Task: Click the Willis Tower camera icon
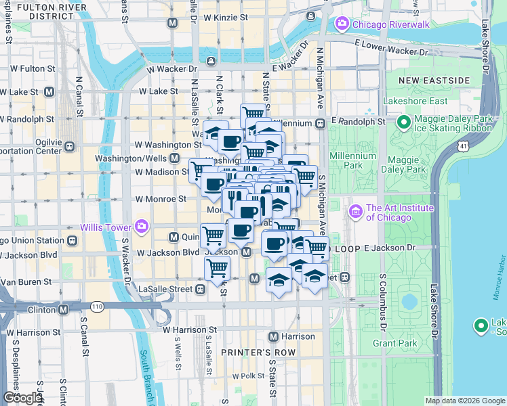[x=141, y=225]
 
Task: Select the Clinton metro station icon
[x=63, y=309]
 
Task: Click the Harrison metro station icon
[x=273, y=336]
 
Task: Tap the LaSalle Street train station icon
[x=200, y=289]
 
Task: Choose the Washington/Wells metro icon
[x=175, y=158]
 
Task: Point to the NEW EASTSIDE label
[x=434, y=80]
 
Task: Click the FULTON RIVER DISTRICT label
[x=45, y=10]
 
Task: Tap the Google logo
[x=22, y=398]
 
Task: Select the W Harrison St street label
[x=189, y=330]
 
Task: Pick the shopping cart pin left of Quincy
[x=214, y=236]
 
